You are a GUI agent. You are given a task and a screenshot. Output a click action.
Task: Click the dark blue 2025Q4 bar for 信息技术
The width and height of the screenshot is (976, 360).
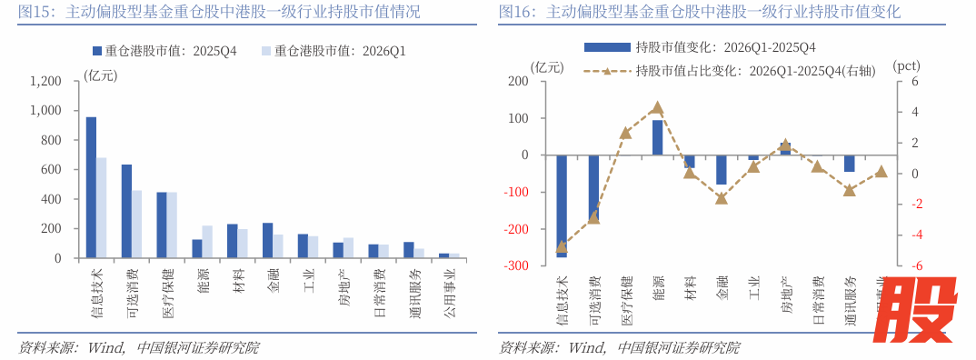click(91, 187)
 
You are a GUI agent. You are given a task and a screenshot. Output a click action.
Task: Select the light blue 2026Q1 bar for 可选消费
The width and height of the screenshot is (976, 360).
click(136, 224)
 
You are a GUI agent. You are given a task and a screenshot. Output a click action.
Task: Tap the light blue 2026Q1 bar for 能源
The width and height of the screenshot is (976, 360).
click(207, 242)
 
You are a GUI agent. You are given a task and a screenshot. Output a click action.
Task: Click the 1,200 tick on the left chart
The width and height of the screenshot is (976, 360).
click(45, 81)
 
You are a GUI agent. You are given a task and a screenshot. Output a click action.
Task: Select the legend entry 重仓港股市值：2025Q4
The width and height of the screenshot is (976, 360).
click(164, 52)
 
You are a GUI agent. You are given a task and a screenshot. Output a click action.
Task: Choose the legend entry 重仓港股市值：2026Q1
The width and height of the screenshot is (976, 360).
click(333, 52)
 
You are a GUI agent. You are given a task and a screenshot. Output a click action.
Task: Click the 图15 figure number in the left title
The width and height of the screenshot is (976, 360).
click(34, 12)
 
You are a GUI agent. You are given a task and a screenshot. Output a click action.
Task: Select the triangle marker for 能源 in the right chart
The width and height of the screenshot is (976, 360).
click(658, 108)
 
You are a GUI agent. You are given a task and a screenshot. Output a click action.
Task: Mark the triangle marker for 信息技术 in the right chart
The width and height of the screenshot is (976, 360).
click(562, 246)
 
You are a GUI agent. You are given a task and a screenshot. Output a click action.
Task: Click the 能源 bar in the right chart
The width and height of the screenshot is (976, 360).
click(658, 136)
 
